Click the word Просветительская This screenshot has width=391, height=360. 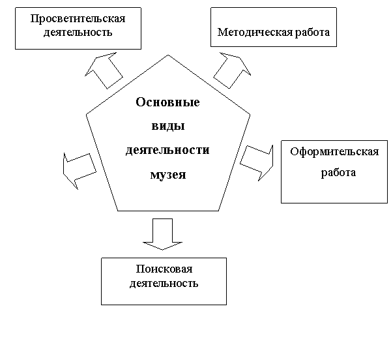coord(78,19)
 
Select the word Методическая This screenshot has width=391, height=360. coord(255,33)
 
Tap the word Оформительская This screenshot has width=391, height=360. coord(334,152)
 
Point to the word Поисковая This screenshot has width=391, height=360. coord(164,269)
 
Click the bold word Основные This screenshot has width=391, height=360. coord(167,102)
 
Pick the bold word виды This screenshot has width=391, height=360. coord(168,126)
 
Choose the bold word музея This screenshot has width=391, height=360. coord(168,175)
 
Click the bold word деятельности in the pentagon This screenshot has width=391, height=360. coord(167,151)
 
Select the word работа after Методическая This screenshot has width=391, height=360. coord(312,33)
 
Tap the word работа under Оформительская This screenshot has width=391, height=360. coord(338,173)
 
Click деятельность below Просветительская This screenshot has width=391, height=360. coord(78,33)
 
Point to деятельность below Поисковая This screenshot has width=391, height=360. coord(164,284)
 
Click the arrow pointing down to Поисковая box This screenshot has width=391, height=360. coord(162,235)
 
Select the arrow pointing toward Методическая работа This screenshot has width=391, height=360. coord(232,70)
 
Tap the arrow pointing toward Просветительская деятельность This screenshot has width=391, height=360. coord(104,70)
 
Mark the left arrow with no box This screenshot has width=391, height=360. coord(79,171)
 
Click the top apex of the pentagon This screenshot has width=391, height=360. coord(168,55)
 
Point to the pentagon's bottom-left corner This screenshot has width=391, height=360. coord(118,211)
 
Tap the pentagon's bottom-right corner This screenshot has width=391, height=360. coord(218,211)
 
